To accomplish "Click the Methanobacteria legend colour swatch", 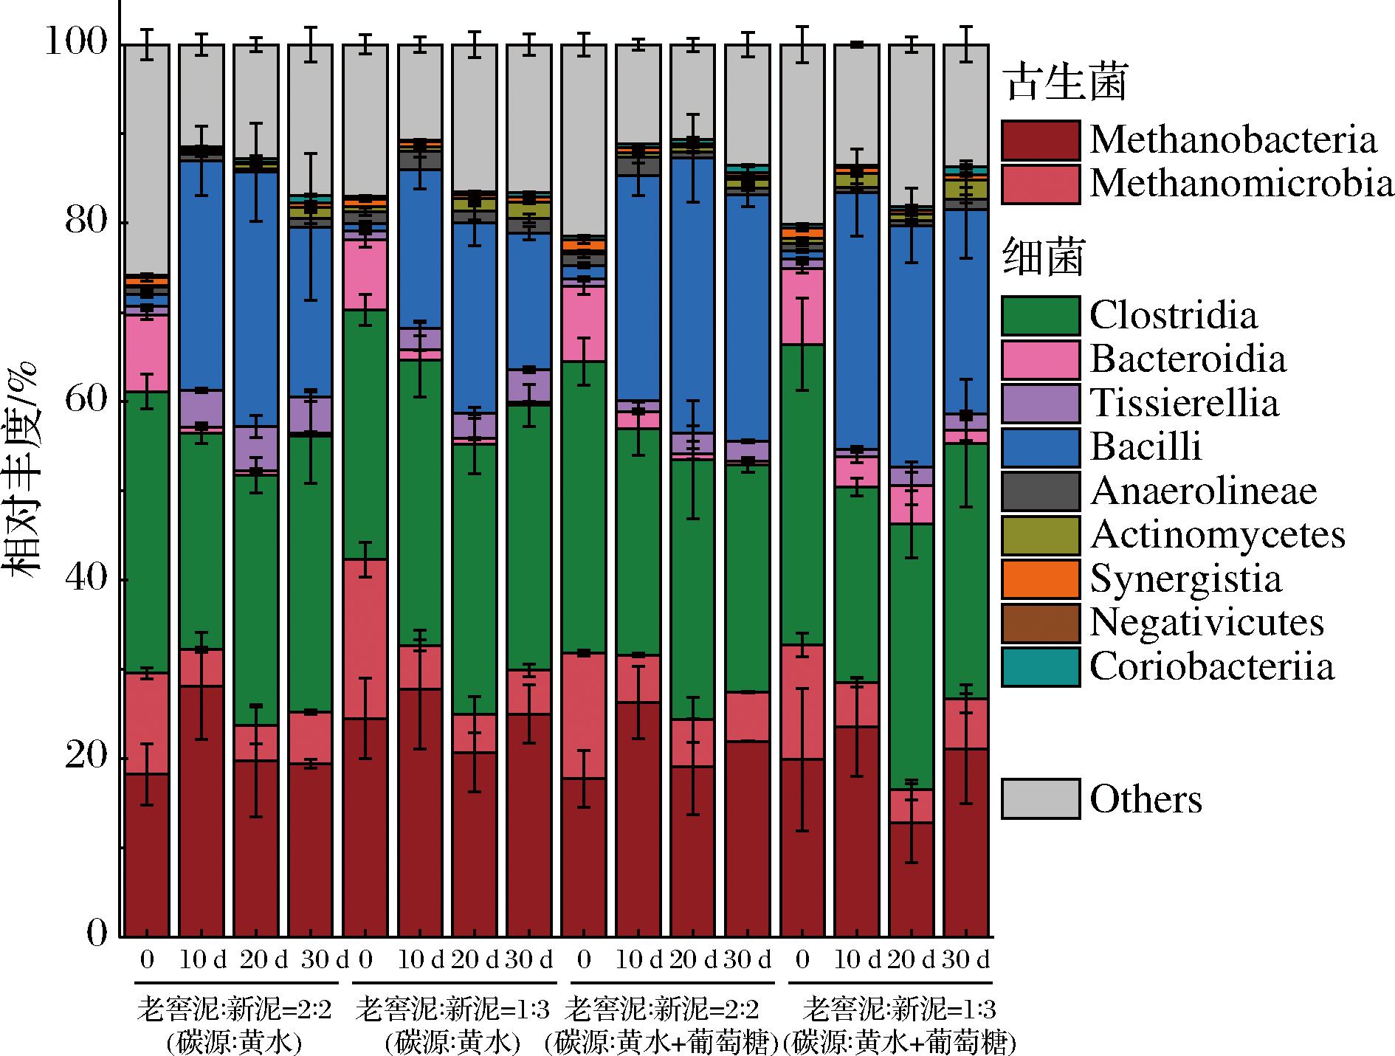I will [x=1040, y=140].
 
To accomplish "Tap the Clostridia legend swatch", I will [x=1040, y=316].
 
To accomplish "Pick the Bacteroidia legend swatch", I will [x=1040, y=359].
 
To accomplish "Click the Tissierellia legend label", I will [x=1184, y=403].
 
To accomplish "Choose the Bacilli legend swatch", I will [x=1040, y=447].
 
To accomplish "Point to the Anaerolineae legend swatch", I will [x=1040, y=491].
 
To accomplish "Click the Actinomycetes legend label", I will [x=1217, y=534].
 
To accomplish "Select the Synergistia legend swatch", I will [x=1040, y=579].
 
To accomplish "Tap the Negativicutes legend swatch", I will [x=1040, y=622].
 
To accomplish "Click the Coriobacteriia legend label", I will [x=1212, y=666].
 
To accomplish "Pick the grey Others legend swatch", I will [x=1040, y=798].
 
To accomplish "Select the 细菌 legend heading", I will [x=1043, y=259].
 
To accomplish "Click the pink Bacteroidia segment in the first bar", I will [x=147, y=354].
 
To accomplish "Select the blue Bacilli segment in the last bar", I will [x=966, y=310].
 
